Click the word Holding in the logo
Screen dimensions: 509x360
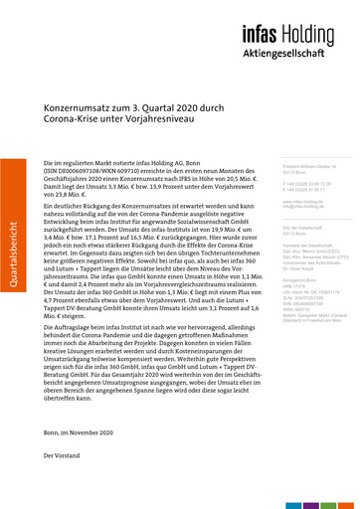(x=323, y=35)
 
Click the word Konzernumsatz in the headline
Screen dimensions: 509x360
(x=89, y=120)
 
